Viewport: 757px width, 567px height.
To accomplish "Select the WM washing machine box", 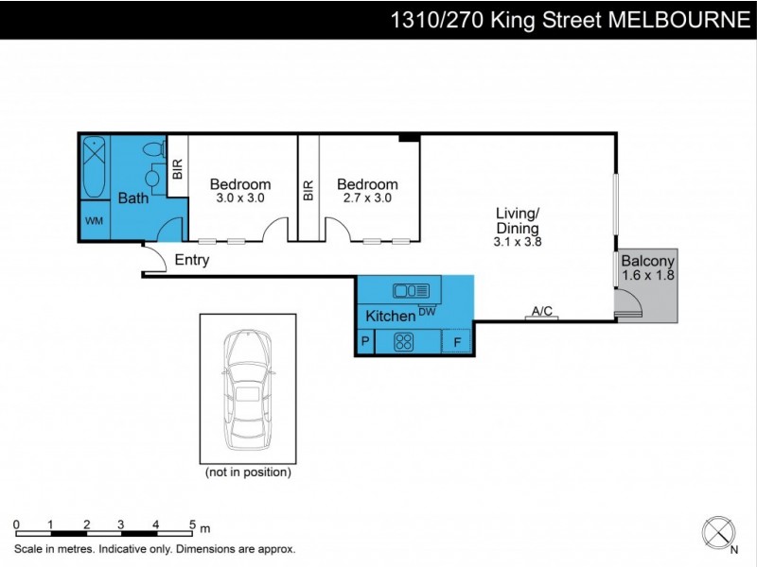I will (x=95, y=221).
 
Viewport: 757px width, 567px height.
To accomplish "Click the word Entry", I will (x=192, y=261).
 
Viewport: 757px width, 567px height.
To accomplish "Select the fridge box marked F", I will (x=458, y=342).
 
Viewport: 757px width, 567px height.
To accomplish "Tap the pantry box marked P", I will (x=365, y=342).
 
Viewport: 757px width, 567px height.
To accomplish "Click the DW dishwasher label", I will (x=427, y=311).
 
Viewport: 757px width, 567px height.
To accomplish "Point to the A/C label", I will (x=542, y=310).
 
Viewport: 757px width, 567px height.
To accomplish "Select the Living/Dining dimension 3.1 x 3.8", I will (x=518, y=242).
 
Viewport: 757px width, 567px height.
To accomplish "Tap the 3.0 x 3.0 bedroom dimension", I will (x=240, y=198).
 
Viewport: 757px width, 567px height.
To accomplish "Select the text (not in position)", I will (x=248, y=472).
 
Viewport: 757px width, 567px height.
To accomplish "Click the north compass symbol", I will (x=719, y=531).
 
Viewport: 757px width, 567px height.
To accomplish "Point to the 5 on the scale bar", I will (x=192, y=524).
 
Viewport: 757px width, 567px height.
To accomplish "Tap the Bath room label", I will (x=132, y=198).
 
